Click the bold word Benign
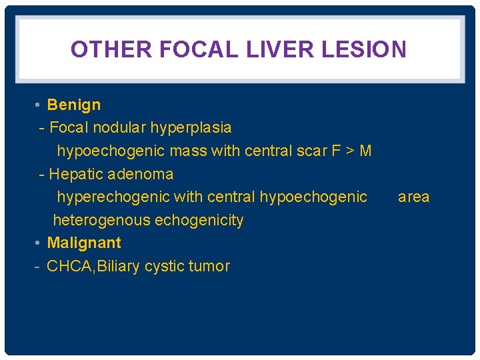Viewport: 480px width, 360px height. [x=74, y=105]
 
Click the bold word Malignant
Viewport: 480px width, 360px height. [x=84, y=243]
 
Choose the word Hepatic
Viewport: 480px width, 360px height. [x=76, y=174]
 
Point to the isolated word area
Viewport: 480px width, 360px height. [x=414, y=197]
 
